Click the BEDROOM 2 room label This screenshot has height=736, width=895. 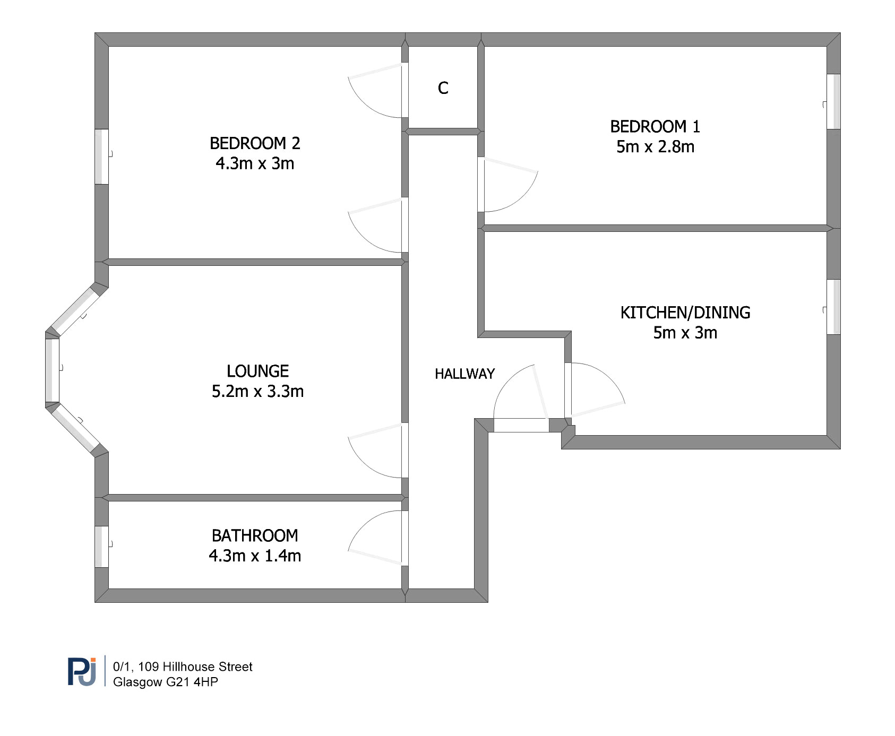[x=255, y=143]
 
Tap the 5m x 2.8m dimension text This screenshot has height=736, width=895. [x=655, y=147]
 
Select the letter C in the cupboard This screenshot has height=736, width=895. [x=443, y=88]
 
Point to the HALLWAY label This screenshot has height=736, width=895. [x=464, y=374]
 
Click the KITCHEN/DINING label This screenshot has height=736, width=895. [x=685, y=313]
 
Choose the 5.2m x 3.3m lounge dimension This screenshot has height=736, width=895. [x=257, y=392]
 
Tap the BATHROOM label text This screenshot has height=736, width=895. [x=255, y=535]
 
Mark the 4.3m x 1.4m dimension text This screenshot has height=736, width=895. [x=255, y=556]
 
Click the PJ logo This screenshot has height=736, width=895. [x=82, y=672]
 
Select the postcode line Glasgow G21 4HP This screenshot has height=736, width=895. [x=166, y=682]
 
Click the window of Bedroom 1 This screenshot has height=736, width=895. [x=833, y=101]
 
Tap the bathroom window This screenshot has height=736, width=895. [x=101, y=547]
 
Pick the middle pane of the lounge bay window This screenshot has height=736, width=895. [x=52, y=370]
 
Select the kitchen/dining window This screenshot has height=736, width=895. [x=833, y=307]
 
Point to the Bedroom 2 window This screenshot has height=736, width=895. [x=101, y=157]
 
